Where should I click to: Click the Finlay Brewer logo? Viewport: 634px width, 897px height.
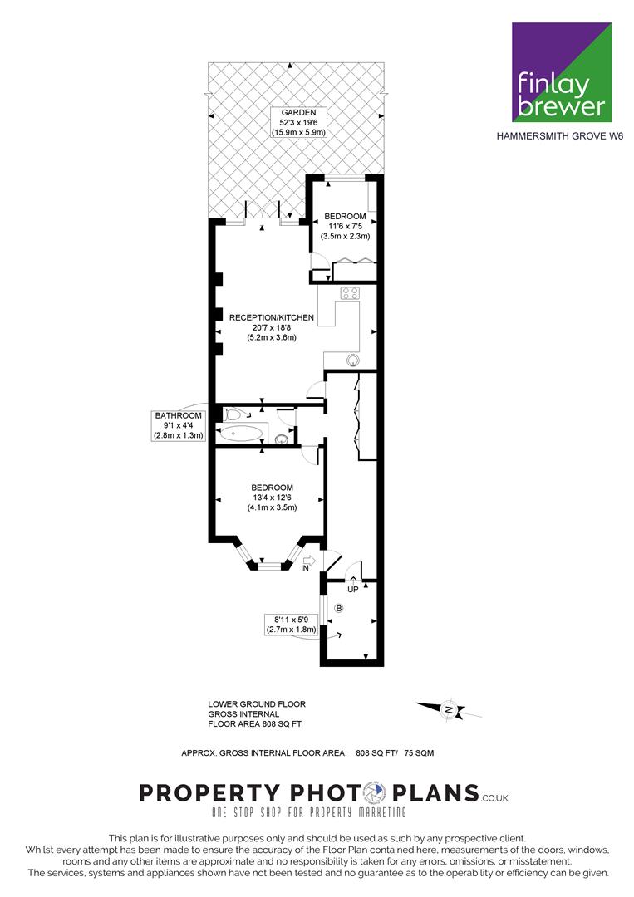pyautogui.click(x=562, y=72)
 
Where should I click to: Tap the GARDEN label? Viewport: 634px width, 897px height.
pyautogui.click(x=298, y=113)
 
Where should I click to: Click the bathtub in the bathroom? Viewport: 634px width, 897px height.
pyautogui.click(x=240, y=433)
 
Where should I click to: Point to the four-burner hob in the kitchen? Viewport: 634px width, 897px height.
pyautogui.click(x=350, y=293)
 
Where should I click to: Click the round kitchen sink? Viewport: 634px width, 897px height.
pyautogui.click(x=353, y=360)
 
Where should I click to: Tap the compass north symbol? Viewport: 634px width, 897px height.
pyautogui.click(x=450, y=710)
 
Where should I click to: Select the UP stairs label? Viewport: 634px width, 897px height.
pyautogui.click(x=353, y=589)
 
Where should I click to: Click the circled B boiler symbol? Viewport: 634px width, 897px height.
pyautogui.click(x=339, y=608)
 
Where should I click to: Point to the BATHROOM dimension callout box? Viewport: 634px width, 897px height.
pyautogui.click(x=178, y=425)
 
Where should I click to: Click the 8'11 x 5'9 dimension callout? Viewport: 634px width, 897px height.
pyautogui.click(x=292, y=624)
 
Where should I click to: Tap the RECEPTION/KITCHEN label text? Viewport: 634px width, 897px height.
pyautogui.click(x=272, y=317)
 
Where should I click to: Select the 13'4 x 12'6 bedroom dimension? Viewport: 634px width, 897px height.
pyautogui.click(x=272, y=498)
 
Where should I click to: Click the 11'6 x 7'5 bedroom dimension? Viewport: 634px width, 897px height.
pyautogui.click(x=345, y=226)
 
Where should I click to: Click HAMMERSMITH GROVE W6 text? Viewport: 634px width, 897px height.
pyautogui.click(x=559, y=137)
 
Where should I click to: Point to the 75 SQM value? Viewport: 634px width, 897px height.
pyautogui.click(x=419, y=752)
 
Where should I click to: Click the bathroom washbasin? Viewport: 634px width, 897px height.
pyautogui.click(x=281, y=439)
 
